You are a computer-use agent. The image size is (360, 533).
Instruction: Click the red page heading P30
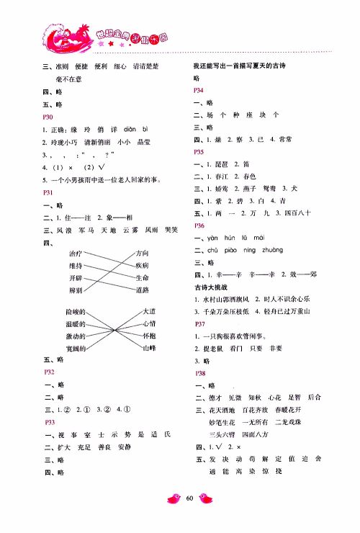tap(49, 117)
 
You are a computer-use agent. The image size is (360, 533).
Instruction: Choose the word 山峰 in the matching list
tap(149, 348)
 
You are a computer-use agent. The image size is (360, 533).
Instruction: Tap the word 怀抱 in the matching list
tap(149, 336)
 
